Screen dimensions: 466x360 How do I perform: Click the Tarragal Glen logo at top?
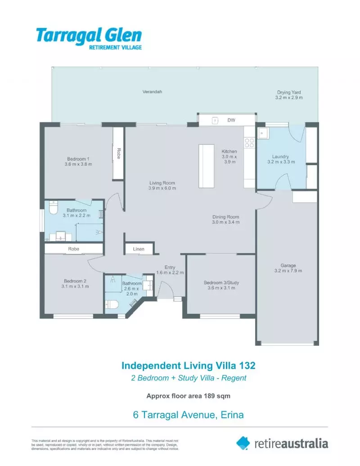89,39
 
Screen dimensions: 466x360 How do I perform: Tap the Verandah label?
152,92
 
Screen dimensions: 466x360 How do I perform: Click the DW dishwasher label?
231,120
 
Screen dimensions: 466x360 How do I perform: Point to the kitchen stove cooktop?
249,143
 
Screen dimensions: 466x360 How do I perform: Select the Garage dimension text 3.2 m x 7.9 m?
288,271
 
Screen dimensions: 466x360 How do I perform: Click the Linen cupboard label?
139,249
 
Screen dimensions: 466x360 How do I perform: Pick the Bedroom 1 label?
78,159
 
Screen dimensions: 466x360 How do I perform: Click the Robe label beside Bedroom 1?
118,154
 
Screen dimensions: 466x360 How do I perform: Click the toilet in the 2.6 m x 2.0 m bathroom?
113,305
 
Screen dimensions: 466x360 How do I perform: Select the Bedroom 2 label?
75,281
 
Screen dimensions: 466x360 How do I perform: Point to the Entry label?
169,267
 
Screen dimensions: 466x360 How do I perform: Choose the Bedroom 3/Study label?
221,283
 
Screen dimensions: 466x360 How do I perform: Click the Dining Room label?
226,217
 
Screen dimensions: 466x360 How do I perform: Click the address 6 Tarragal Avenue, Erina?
189,415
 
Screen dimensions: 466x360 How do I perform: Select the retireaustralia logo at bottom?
282,443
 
